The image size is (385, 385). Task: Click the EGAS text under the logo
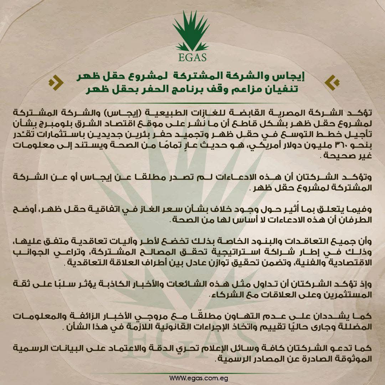(193, 57)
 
